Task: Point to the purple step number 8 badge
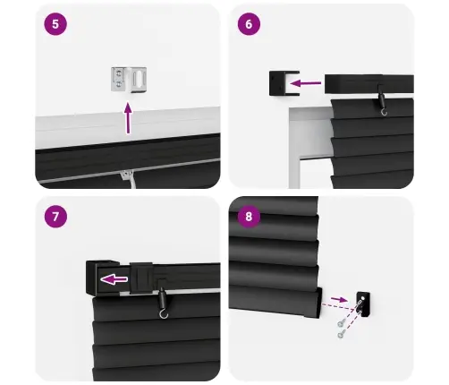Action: (250, 217)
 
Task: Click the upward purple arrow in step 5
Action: (127, 117)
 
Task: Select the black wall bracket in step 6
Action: (279, 84)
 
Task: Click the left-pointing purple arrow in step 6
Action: (307, 84)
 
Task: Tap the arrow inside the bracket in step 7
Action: (113, 279)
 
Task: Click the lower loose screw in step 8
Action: (342, 334)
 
